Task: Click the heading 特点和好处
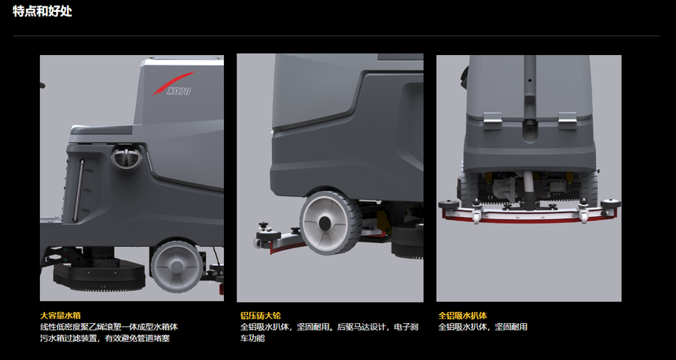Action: click(x=42, y=11)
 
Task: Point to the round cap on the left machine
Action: click(x=127, y=157)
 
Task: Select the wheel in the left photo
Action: click(x=177, y=266)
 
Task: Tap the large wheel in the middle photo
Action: click(x=331, y=223)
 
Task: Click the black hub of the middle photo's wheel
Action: click(x=325, y=223)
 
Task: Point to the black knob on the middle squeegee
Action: click(x=262, y=226)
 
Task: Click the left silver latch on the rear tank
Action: click(x=492, y=120)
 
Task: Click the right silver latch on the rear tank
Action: click(x=568, y=120)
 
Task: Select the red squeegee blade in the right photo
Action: click(x=530, y=219)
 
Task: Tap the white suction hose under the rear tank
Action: click(x=528, y=189)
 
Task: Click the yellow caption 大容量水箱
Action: click(x=61, y=316)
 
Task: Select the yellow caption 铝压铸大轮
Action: click(x=260, y=316)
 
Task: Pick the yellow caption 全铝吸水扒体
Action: click(x=463, y=316)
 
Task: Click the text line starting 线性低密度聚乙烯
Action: click(x=109, y=327)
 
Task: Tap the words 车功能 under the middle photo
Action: click(x=252, y=338)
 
